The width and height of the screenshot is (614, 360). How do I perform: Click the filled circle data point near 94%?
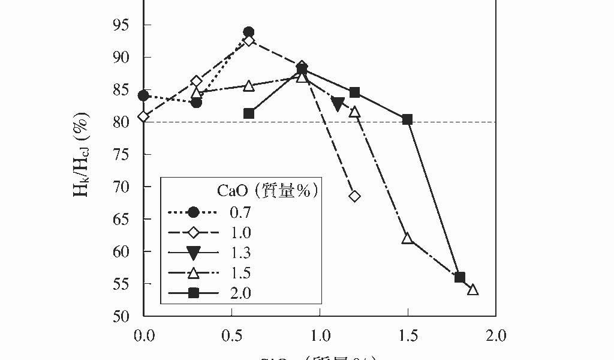tap(249, 32)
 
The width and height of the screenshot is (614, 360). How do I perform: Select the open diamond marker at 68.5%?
tap(354, 196)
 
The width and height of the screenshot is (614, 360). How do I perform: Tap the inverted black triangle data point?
tap(338, 104)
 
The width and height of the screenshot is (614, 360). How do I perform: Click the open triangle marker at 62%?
tap(408, 238)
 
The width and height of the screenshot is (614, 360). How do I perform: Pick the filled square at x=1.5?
tap(408, 119)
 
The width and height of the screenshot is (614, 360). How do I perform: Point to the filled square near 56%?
tap(460, 277)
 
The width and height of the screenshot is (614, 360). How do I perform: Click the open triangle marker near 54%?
tap(472, 290)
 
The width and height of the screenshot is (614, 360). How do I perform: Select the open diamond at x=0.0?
tap(144, 116)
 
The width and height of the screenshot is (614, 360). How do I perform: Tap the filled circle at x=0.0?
tap(143, 95)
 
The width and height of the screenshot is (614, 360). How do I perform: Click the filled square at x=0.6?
tap(249, 113)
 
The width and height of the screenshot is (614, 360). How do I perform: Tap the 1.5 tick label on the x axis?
tap(408, 336)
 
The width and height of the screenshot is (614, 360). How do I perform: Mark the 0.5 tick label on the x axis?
tap(231, 336)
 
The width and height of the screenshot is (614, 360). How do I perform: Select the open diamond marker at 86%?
tap(196, 82)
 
